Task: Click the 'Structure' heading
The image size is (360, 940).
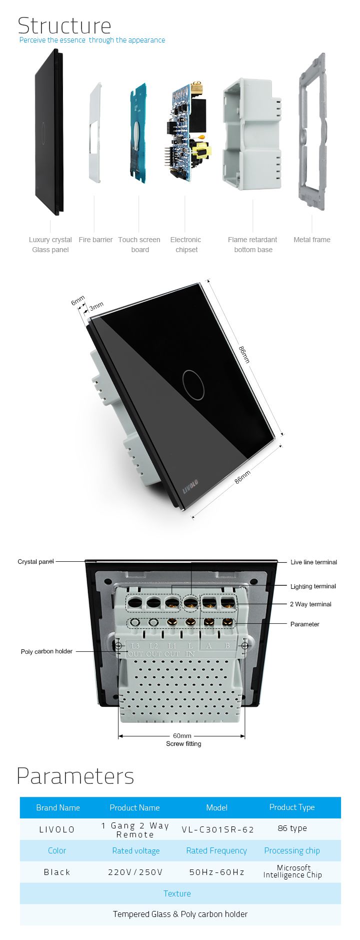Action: click(64, 26)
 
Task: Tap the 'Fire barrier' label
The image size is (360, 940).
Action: click(95, 240)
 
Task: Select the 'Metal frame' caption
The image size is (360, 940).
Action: click(312, 240)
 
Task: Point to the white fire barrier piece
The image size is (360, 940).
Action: click(96, 132)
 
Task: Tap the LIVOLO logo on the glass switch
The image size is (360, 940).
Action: click(190, 486)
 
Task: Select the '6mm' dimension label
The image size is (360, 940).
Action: click(78, 301)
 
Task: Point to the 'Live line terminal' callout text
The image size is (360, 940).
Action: click(313, 562)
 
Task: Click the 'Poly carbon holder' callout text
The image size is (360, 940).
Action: click(46, 651)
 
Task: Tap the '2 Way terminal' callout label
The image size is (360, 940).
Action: click(310, 604)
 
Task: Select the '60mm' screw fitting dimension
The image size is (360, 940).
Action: click(182, 736)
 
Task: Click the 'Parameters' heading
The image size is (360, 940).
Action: click(75, 776)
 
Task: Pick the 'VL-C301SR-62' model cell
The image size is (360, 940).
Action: click(218, 829)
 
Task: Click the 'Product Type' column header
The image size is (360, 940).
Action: click(292, 807)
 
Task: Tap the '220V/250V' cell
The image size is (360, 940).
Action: click(135, 872)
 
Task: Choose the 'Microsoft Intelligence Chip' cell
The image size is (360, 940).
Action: click(293, 871)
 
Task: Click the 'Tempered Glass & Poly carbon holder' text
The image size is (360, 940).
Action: click(180, 914)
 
